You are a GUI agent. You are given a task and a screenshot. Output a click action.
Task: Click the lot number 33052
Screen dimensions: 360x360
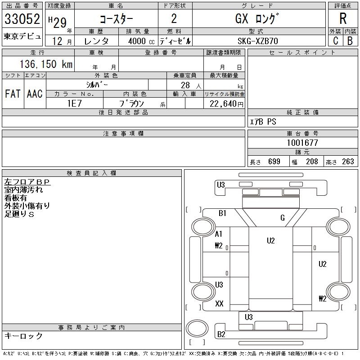pos(22,19)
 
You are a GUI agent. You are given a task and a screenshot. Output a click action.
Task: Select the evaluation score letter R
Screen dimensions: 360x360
pos(343,19)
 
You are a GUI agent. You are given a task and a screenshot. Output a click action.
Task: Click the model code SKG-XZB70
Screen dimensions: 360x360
pos(258,41)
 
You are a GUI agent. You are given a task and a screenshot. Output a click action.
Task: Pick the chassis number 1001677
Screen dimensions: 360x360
pos(302,143)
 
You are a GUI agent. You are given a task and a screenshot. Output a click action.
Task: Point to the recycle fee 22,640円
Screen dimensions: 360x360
pos(224,103)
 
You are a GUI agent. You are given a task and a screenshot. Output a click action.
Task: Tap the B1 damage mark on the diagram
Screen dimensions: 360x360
pos(222,213)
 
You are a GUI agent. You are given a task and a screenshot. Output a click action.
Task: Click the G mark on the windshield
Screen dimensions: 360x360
pos(283,218)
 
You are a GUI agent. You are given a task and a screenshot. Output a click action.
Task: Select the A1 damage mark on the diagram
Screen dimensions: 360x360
pos(219,234)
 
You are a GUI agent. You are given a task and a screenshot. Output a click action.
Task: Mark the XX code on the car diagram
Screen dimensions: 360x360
pos(219,304)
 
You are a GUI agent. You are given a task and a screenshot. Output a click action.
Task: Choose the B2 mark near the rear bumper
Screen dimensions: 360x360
pos(221,334)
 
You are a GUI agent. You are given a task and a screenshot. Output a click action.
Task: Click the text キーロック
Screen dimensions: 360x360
pos(23,336)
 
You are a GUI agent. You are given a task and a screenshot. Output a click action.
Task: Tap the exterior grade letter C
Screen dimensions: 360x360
pos(335,40)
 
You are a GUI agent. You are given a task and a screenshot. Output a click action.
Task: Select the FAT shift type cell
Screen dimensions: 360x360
pos(13,94)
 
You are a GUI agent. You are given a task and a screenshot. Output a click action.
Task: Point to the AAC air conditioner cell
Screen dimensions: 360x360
pos(35,94)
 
